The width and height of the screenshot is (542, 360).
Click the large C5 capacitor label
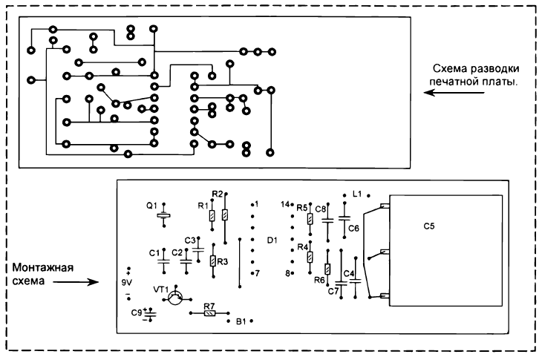tap(429, 226)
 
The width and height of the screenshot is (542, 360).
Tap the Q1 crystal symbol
tap(164, 215)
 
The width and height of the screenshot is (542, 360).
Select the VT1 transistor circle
tap(175, 298)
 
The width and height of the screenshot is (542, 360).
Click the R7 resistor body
tap(209, 313)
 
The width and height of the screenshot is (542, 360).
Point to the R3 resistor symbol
tap(213, 261)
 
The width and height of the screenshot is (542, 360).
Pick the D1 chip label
tap(272, 240)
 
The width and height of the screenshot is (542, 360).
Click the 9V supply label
tap(127, 283)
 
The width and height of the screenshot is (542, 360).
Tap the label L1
tap(357, 194)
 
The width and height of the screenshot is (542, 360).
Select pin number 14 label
tap(285, 205)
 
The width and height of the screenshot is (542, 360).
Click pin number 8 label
tap(287, 273)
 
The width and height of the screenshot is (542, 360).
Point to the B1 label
tap(241, 321)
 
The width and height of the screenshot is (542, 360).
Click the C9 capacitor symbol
tap(150, 314)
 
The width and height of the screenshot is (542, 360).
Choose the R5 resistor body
tap(310, 219)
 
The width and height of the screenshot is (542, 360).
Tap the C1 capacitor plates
tap(164, 261)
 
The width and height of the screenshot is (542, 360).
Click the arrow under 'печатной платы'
tap(454, 93)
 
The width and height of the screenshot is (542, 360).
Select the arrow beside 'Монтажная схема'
tap(76, 282)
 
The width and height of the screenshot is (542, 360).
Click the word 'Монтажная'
tap(43, 268)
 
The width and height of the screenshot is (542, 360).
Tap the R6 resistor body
tap(327, 269)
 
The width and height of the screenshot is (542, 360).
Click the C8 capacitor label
tap(321, 209)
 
